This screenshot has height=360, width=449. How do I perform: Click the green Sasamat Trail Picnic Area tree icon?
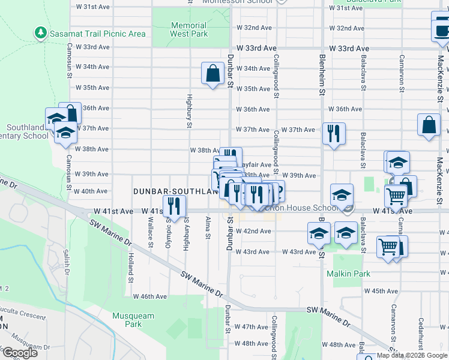pyautogui.click(x=40, y=32)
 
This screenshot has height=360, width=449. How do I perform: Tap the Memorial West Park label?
pyautogui.click(x=189, y=30)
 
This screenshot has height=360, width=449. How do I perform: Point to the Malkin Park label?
pyautogui.click(x=348, y=274)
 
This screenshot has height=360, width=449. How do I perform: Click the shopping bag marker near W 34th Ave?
pyautogui.click(x=212, y=74)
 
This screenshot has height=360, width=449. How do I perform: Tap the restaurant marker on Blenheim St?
pyautogui.click(x=334, y=134)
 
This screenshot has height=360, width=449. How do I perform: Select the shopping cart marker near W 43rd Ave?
pyautogui.click(x=388, y=247)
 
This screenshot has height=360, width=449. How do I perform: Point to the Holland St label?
pyautogui.click(x=130, y=268)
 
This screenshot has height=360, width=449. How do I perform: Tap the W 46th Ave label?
pyautogui.click(x=149, y=296)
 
